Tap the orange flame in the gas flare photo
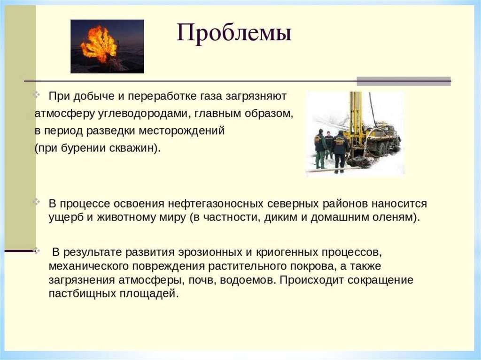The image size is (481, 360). click(x=99, y=44)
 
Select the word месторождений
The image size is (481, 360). click(x=182, y=131)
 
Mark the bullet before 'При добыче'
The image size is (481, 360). click(x=37, y=94)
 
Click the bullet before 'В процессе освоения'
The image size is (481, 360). click(x=37, y=202)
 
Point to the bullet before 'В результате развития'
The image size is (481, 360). click(x=37, y=251)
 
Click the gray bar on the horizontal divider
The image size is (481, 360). click(x=403, y=81)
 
